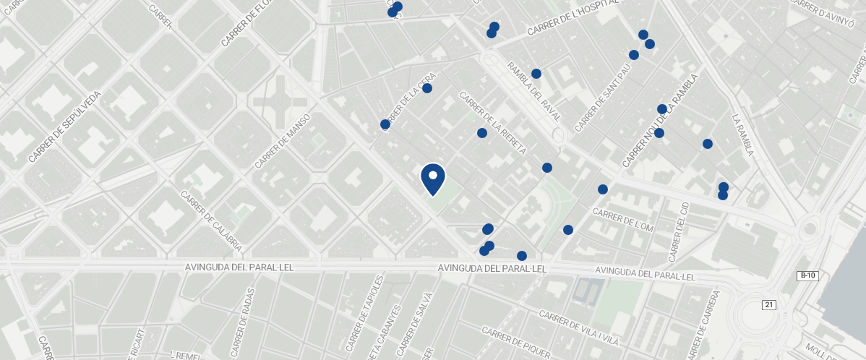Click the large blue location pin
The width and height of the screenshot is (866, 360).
(x=432, y=178)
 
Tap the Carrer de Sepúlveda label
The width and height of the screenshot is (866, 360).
(x=66, y=127)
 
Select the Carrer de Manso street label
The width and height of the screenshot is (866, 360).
(x=283, y=141)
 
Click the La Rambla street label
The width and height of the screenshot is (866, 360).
(x=743, y=134)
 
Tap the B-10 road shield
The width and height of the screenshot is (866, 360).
(x=807, y=275)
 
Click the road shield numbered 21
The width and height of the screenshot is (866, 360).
(x=768, y=305)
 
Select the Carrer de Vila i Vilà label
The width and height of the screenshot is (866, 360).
(x=579, y=327)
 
